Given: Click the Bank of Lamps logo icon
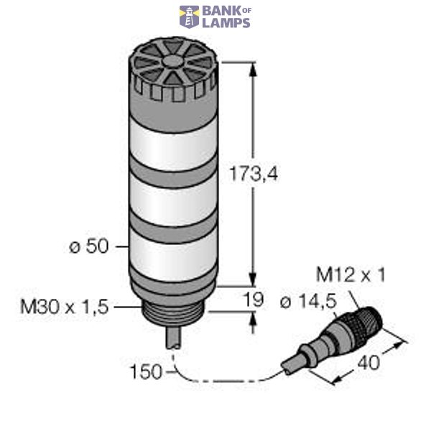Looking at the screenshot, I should (189, 17).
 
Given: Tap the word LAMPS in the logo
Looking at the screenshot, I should (226, 22).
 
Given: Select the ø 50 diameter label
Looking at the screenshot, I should (88, 246).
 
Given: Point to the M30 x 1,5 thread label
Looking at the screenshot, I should (64, 307).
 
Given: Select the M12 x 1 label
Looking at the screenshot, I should (351, 275).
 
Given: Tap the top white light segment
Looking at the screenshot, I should (172, 147).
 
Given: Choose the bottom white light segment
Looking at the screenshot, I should (172, 259).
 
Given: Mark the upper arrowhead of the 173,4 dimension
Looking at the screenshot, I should (252, 69).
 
